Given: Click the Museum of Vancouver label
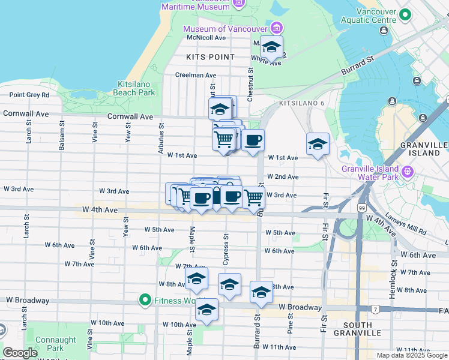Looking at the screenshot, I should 226,29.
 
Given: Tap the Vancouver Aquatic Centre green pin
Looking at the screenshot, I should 405,15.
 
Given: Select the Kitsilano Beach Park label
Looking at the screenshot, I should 136,88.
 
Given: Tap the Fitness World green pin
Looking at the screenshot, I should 145,299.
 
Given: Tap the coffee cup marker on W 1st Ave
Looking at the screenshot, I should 253,140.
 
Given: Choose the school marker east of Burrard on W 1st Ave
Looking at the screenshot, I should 318,144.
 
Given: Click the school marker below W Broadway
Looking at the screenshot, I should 206,310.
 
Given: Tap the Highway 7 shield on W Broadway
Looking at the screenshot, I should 375,309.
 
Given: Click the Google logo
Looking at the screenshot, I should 20,353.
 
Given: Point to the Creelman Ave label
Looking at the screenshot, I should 195,76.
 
